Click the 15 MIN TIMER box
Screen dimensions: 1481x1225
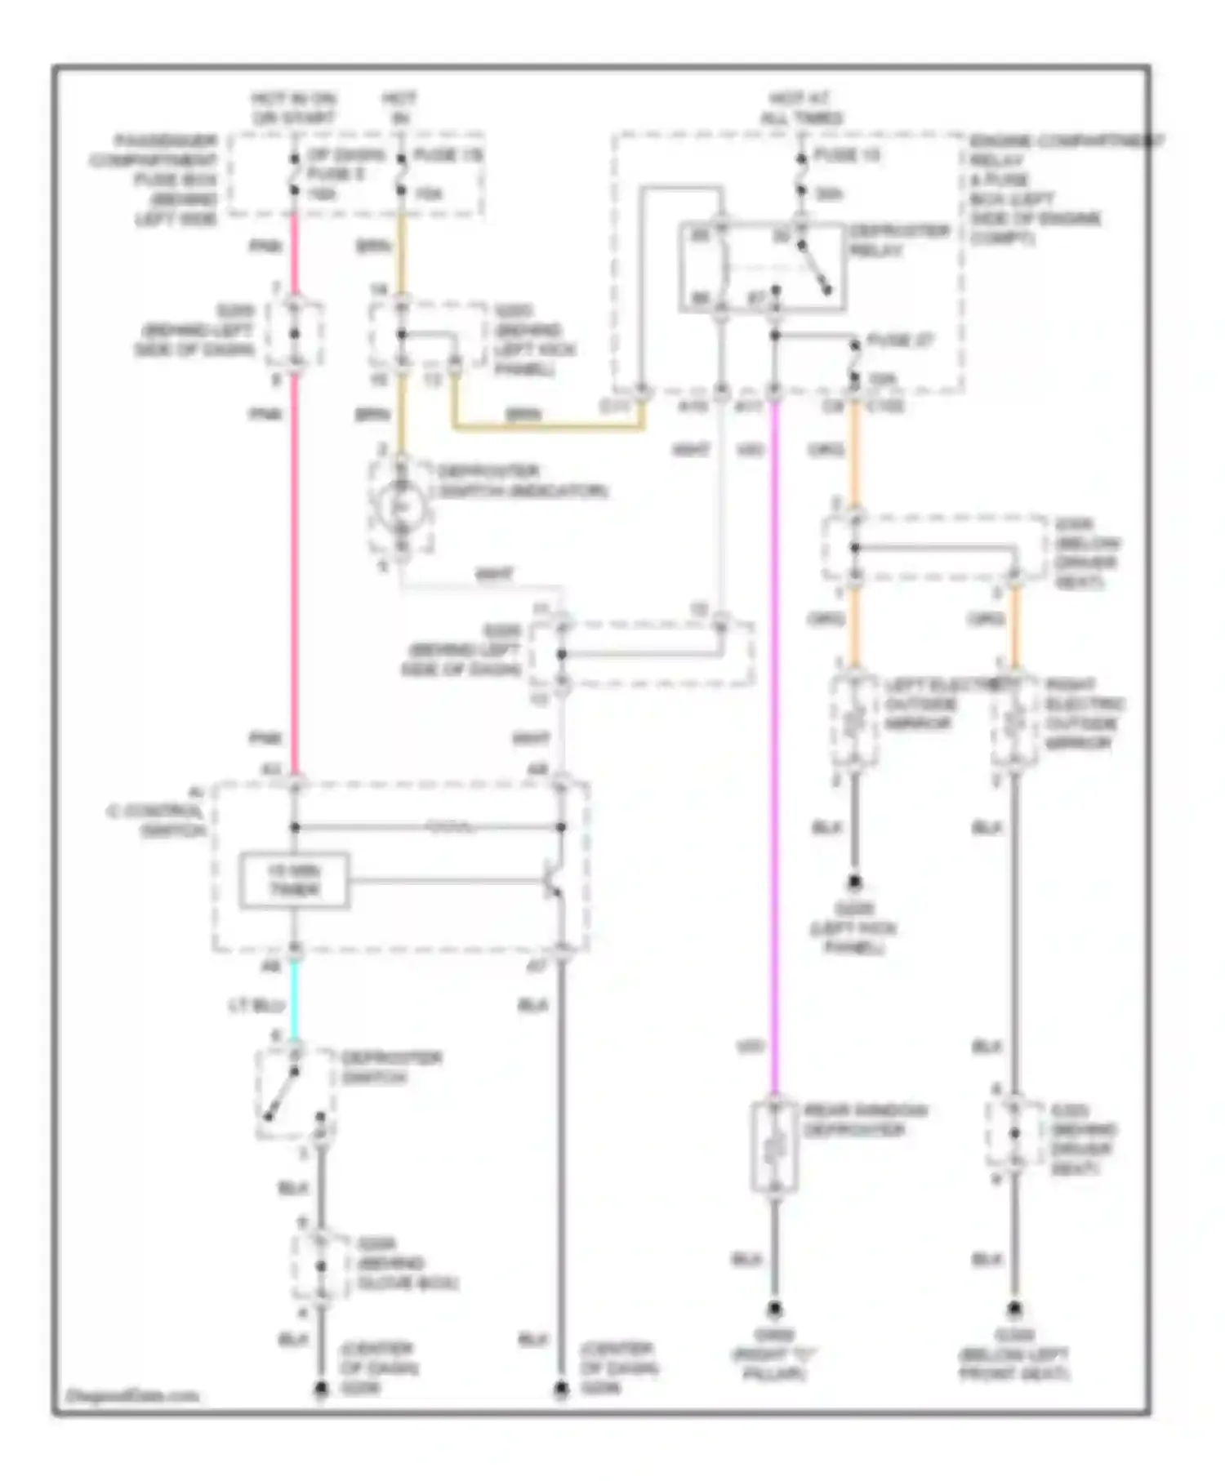(294, 881)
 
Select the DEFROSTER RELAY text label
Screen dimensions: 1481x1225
(898, 241)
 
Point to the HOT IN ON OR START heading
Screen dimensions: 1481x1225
(293, 109)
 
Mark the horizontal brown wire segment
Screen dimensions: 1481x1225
(547, 426)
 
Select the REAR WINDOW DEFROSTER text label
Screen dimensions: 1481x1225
(865, 1120)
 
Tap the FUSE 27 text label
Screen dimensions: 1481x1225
(900, 340)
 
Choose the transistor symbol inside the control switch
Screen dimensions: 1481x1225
(553, 882)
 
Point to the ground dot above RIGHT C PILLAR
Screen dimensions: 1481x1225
(773, 1310)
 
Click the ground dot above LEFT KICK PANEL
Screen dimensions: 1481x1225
(854, 883)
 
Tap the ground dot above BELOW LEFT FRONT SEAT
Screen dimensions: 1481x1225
(1013, 1310)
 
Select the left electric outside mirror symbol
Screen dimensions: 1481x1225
(854, 721)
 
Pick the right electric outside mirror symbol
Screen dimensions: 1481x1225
(1014, 721)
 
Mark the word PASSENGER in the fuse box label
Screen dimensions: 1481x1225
(166, 140)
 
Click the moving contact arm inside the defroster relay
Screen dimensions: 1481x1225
(814, 267)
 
